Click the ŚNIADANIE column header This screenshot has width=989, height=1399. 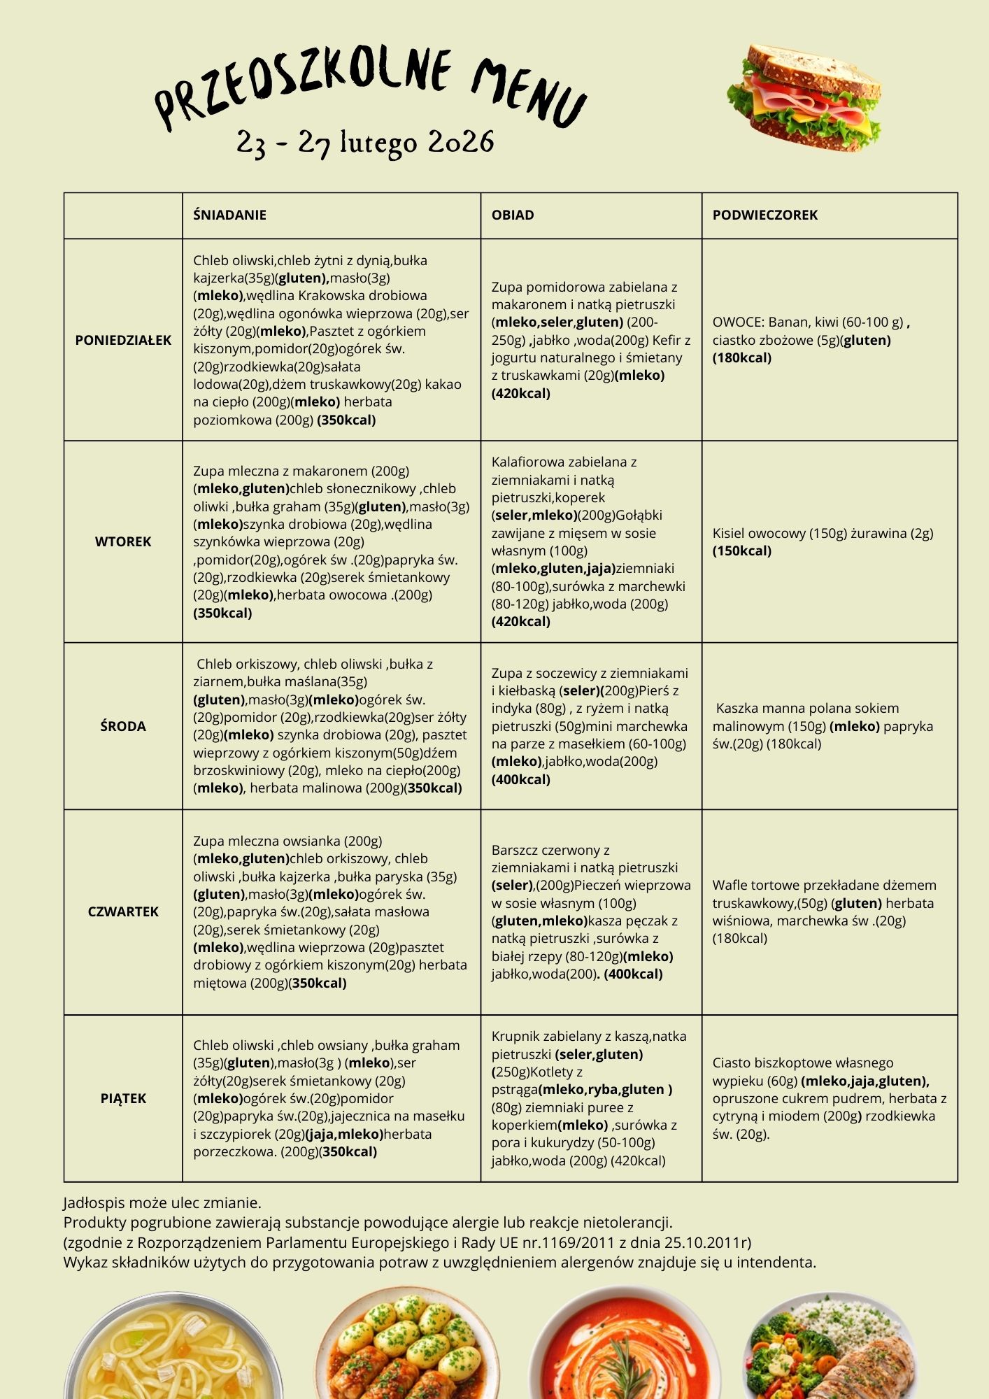coord(230,215)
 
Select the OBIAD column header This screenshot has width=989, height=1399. coord(513,215)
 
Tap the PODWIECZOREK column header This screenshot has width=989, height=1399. coord(765,215)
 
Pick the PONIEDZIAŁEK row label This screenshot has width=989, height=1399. coord(123,341)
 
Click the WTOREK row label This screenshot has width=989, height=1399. coord(123,542)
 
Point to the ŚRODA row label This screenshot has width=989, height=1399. coord(123,727)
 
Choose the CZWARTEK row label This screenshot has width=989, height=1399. coord(123,912)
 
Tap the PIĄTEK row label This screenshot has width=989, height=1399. coord(123,1099)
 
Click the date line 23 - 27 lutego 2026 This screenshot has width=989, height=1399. coord(365,143)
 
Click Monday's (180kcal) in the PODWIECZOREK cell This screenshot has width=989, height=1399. coord(742,358)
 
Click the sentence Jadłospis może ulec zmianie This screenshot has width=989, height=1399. coord(162,1203)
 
